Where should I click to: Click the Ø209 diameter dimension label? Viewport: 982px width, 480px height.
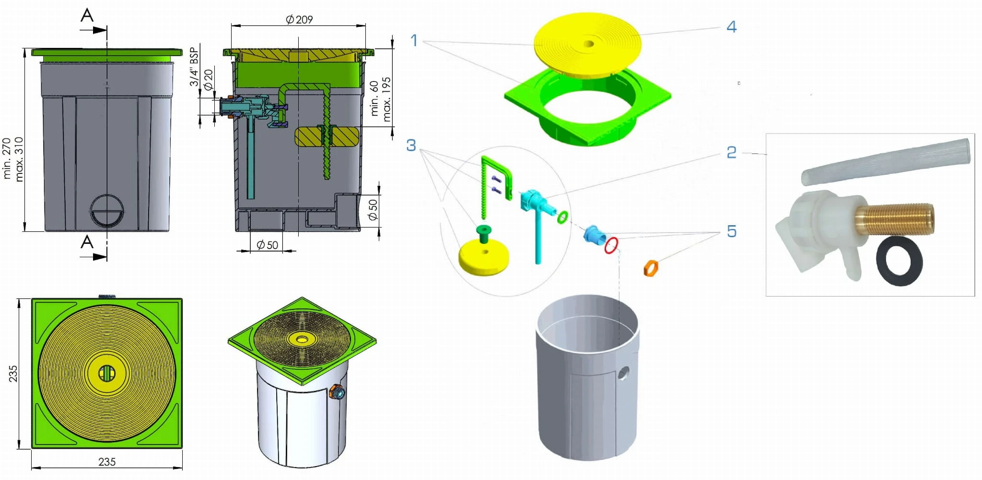(x=299, y=20)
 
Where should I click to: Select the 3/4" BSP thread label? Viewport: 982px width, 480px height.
(x=194, y=67)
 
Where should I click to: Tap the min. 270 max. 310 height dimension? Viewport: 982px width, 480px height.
(x=13, y=159)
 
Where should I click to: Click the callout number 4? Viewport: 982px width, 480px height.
(x=731, y=27)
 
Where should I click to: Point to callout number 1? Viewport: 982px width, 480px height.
(x=414, y=40)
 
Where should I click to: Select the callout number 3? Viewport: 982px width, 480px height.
(x=411, y=145)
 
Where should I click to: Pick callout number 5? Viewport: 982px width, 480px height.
(x=731, y=231)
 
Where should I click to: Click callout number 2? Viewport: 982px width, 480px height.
(x=731, y=152)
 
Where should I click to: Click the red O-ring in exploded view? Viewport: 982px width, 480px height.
(x=611, y=245)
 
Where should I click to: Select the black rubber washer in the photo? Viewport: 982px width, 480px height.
(x=899, y=261)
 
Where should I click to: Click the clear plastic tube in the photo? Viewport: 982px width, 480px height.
(x=885, y=161)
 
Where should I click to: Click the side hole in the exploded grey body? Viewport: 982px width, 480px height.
(x=623, y=373)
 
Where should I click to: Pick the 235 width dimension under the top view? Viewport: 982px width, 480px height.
(x=107, y=462)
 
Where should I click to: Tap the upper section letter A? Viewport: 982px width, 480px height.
(x=87, y=15)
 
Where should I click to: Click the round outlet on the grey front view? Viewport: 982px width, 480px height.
(x=107, y=211)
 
